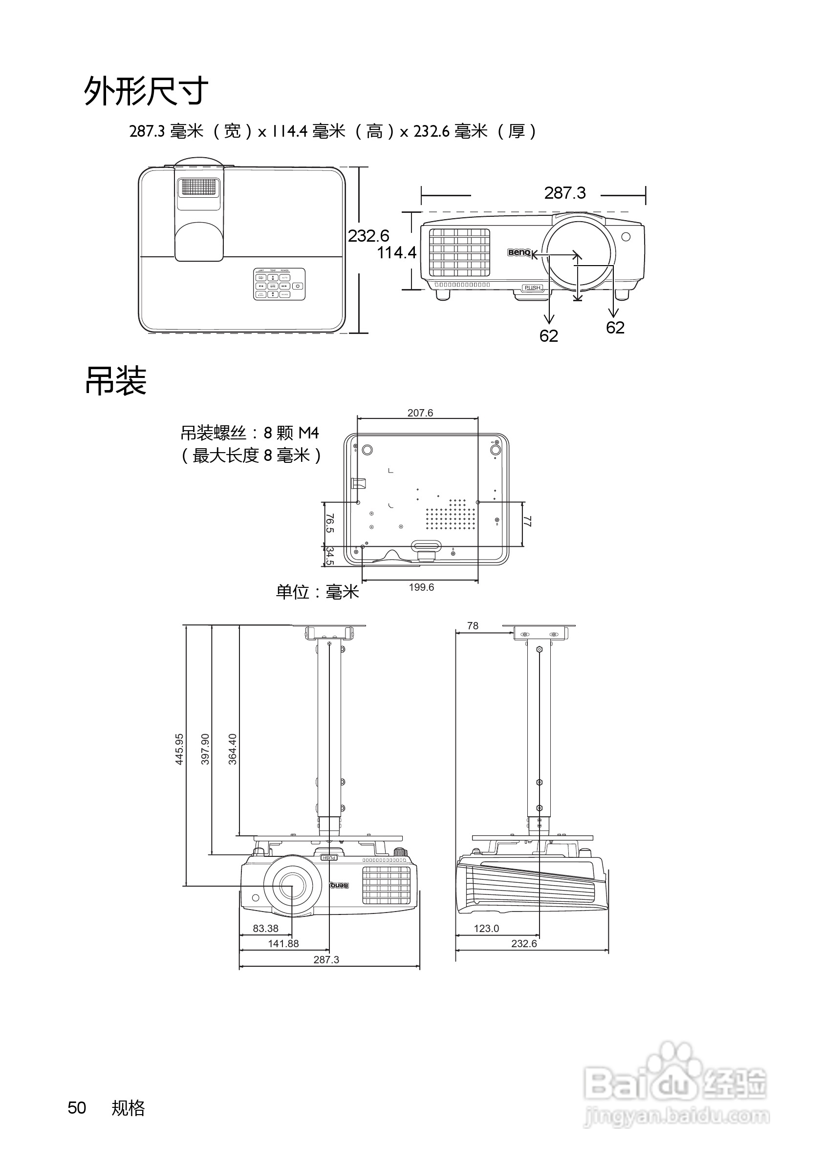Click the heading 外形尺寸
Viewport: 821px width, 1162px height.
146,91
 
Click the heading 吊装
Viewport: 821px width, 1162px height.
115,381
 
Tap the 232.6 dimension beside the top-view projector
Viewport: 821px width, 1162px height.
368,236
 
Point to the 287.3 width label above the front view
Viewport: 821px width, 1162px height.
565,193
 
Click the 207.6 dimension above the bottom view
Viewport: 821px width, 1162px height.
420,413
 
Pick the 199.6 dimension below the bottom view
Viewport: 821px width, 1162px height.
421,587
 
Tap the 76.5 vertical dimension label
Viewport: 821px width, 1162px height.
330,523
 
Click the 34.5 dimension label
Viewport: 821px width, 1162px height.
330,556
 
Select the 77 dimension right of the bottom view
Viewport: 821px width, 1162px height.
527,521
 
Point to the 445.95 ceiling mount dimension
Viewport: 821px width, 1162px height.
179,749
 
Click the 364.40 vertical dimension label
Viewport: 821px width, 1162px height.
233,749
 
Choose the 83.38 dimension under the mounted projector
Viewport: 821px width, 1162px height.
265,928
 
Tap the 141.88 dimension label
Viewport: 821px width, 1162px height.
283,943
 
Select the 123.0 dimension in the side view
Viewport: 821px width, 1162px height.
486,928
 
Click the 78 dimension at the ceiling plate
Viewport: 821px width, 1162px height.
473,626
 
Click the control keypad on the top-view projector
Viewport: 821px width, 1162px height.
279,285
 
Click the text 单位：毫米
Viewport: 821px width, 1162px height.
317,592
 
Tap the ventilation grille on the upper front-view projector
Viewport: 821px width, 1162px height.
460,252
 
